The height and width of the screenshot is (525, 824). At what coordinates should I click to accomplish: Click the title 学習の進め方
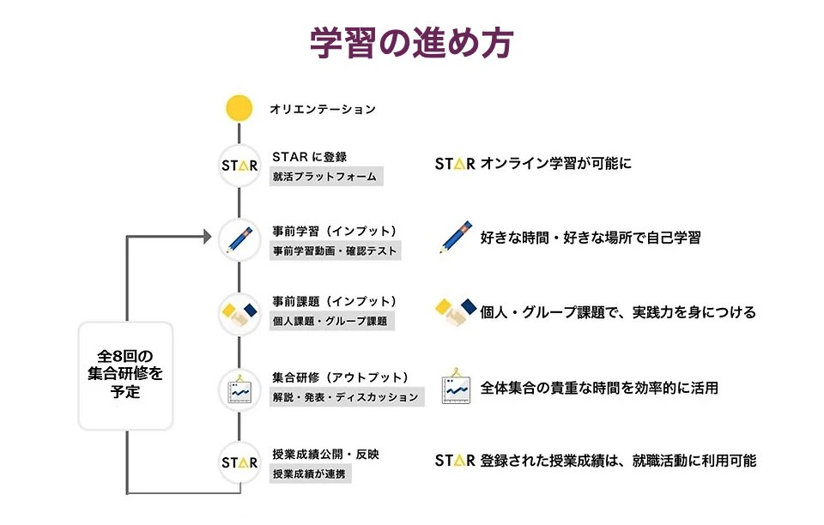point(411,44)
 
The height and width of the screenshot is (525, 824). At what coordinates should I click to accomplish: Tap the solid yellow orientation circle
point(239,109)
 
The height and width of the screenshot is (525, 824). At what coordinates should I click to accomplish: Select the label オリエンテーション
point(323,109)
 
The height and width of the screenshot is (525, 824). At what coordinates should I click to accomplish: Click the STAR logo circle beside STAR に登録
point(239,165)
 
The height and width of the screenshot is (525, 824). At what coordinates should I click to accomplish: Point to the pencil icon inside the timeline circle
point(239,238)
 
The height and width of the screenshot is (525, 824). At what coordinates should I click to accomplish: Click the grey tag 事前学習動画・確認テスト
point(336,250)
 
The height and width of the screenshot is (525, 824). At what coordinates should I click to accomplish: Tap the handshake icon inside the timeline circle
point(239,313)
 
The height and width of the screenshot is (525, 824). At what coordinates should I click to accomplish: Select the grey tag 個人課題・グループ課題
point(330,322)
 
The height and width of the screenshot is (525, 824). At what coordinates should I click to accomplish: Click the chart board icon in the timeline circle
point(239,388)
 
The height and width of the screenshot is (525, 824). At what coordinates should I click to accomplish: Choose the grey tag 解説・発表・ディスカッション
point(346,397)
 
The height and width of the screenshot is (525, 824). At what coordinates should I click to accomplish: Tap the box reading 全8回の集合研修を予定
point(126,375)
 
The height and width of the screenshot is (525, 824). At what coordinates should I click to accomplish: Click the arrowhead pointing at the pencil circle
point(206,236)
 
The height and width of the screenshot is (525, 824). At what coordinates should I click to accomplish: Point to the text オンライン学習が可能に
point(555,163)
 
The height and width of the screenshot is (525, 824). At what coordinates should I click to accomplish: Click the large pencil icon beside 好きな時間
point(455,237)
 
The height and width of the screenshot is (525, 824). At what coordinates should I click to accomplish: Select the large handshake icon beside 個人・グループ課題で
point(455,312)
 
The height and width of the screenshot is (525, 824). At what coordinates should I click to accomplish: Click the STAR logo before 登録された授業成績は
point(454,461)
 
